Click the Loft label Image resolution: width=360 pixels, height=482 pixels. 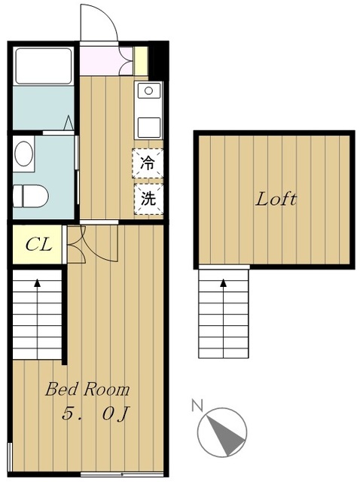pos(276,199)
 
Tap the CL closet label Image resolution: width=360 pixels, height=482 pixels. pos(38,245)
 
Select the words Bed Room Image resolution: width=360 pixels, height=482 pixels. pos(87,389)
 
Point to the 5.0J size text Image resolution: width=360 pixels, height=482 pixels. pos(96,413)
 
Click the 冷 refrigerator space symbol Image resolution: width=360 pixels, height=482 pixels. pos(148,163)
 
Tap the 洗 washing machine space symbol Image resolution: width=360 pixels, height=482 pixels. pos(148,199)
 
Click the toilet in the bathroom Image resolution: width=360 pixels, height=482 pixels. pos(31,196)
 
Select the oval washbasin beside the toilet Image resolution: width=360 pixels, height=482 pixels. pos(23,154)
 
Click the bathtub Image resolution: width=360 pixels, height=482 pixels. pos(44,66)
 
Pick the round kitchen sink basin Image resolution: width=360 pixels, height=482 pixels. pos(149,90)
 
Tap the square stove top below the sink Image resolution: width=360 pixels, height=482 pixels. pos(149,127)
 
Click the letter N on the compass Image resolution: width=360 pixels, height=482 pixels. pos(197,405)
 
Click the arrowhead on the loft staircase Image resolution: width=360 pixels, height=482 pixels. pos(223,282)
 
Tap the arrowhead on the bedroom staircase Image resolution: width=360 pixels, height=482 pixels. pos(37,282)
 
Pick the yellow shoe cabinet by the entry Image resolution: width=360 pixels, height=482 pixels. pos(141,61)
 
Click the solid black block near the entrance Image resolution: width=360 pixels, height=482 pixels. pos(158,61)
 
